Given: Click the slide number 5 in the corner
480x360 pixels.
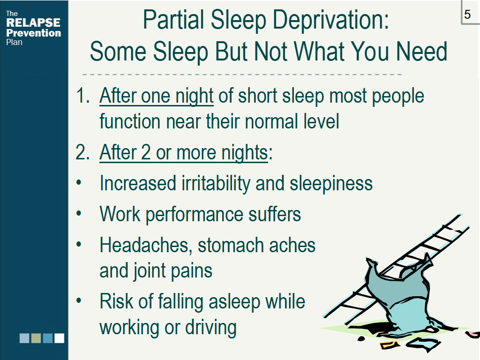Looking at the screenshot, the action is (467, 15).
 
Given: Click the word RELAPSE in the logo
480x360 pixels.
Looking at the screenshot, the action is (33, 22).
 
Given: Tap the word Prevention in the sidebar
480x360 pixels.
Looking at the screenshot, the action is (34, 33).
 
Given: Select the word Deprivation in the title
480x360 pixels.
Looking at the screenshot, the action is (330, 20).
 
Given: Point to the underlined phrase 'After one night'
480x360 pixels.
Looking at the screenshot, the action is (157, 96).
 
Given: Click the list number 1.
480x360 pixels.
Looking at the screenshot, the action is (82, 96).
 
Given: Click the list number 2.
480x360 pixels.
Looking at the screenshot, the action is (82, 152).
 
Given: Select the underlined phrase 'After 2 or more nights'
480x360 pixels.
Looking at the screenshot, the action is (184, 153).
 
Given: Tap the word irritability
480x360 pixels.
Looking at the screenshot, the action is (216, 184).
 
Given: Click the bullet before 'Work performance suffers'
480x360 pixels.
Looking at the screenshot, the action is (79, 213).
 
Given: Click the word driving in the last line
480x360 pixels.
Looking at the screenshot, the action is (211, 328).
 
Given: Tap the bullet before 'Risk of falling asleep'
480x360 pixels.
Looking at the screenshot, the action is (79, 300).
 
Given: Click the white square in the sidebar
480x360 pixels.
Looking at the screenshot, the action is (60, 338).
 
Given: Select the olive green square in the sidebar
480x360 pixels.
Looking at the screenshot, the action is (36, 338).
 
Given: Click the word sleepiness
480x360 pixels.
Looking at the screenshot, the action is (331, 184).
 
